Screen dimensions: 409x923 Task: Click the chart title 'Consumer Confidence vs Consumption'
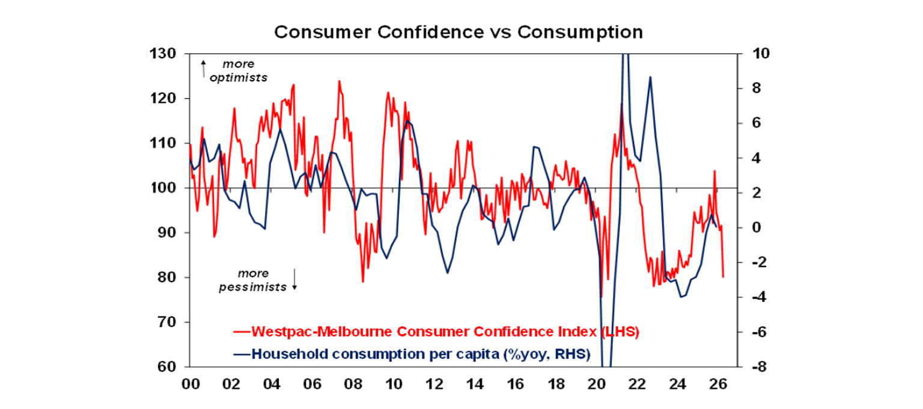pyautogui.click(x=458, y=31)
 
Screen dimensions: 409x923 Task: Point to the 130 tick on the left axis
pyautogui.click(x=163, y=54)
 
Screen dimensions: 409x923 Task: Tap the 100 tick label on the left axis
pyautogui.click(x=163, y=188)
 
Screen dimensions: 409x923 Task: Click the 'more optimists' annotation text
pyautogui.click(x=239, y=70)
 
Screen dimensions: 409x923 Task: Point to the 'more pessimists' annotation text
pyautogui.click(x=252, y=280)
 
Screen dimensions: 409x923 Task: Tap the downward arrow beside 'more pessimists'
pyautogui.click(x=294, y=279)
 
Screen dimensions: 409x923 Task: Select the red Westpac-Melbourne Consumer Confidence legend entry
pyautogui.click(x=436, y=331)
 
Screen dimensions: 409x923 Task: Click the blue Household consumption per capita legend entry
pyautogui.click(x=412, y=353)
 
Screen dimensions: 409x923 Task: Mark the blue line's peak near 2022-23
pyautogui.click(x=650, y=77)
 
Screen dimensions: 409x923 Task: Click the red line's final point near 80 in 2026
pyautogui.click(x=723, y=277)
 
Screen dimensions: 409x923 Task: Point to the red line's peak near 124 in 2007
pyautogui.click(x=339, y=81)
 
